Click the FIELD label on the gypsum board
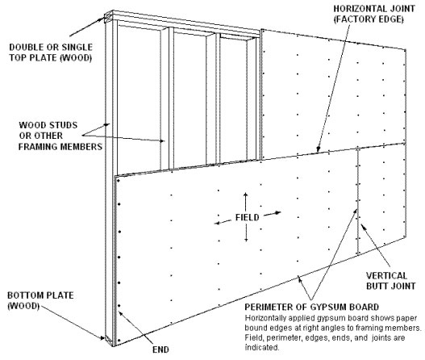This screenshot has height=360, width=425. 247,218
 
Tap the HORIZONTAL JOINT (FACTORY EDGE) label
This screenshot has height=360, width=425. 373,14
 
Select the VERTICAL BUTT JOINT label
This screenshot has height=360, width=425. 390,281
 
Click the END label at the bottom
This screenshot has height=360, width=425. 160,350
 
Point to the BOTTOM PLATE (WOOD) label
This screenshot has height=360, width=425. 40,300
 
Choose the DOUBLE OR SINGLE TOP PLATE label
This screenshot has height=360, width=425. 51,52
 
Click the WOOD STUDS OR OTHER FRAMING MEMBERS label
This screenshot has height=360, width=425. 60,136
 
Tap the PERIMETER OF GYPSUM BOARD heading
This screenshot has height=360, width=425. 312,307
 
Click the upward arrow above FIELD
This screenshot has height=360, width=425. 246,202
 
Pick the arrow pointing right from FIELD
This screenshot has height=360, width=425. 273,214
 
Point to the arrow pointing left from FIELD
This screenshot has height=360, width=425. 223,223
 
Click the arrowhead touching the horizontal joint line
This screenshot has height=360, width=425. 319,149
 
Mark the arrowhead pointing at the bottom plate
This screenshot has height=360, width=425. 102,337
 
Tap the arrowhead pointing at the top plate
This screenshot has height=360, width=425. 102,19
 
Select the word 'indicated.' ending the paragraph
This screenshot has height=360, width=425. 262,347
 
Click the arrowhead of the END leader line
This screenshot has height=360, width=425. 121,313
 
